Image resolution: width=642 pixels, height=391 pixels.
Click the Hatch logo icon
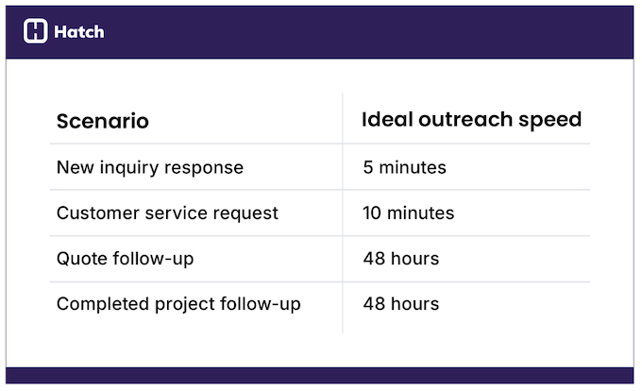[x=35, y=31]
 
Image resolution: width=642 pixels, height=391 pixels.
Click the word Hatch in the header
[x=78, y=32]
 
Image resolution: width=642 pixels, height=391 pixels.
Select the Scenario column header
[x=102, y=121]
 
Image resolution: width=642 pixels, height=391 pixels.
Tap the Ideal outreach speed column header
[x=471, y=120]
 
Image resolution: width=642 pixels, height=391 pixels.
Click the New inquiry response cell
[x=149, y=167]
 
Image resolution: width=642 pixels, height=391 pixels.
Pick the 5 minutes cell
[x=404, y=167]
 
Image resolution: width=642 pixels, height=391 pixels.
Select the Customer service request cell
[x=167, y=212]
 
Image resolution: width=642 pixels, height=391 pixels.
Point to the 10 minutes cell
[x=408, y=212]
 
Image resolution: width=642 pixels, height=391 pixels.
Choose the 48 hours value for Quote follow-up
[x=400, y=258]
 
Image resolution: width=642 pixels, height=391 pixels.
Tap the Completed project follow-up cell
[x=178, y=304]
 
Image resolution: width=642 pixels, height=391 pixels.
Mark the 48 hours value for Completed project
[x=400, y=304]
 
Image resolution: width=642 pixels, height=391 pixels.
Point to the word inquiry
[x=127, y=168]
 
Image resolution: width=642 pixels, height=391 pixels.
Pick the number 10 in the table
[x=372, y=212]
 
